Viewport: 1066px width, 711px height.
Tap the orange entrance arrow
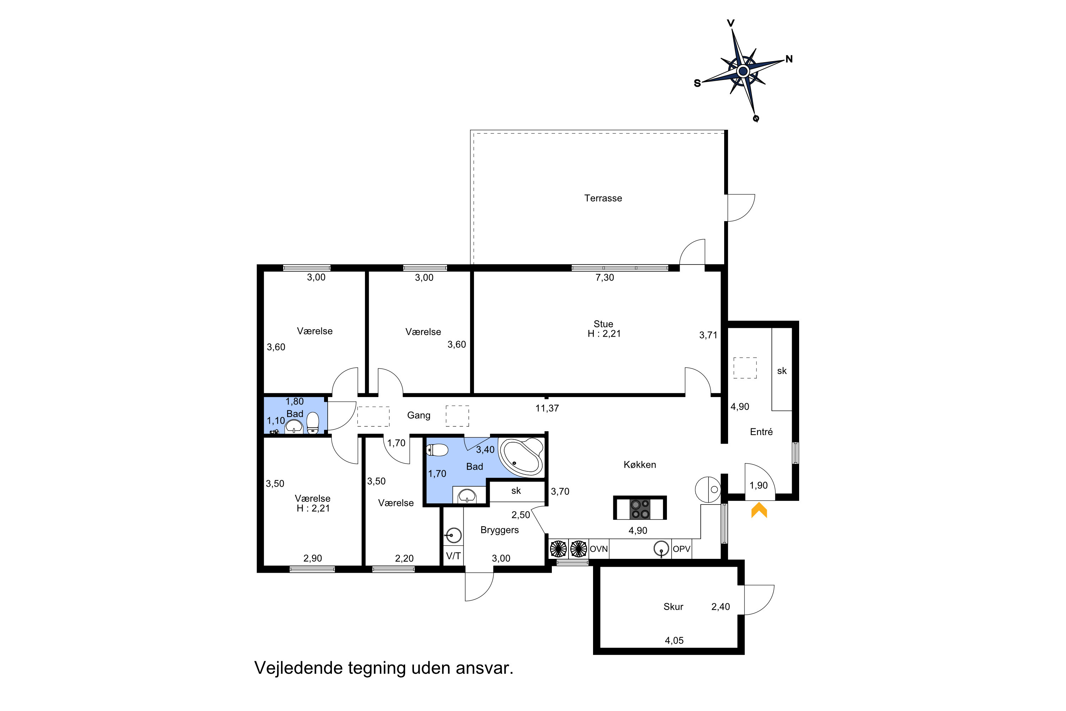pos(759,510)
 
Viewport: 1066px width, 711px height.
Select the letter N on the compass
pos(789,59)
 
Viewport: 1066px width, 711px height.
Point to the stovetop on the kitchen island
pos(640,508)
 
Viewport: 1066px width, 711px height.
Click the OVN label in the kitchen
pos(598,549)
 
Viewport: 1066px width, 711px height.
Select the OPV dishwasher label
pos(681,549)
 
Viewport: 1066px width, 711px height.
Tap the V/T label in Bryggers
pos(453,556)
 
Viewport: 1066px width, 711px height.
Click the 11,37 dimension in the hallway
pos(547,408)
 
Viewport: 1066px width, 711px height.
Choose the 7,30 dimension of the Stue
pos(605,278)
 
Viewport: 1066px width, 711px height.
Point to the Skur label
pos(673,607)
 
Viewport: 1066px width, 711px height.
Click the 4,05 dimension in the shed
pos(674,641)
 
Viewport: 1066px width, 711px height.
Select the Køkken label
pos(640,464)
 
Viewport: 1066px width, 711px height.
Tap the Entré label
pos(761,432)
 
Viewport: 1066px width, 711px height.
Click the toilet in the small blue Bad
pos(313,423)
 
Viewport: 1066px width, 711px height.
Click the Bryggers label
pos(500,530)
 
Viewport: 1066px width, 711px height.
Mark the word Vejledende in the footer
pos(298,668)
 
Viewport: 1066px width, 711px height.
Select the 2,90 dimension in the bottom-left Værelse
pos(313,558)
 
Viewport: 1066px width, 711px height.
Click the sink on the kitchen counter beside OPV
pos(661,549)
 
